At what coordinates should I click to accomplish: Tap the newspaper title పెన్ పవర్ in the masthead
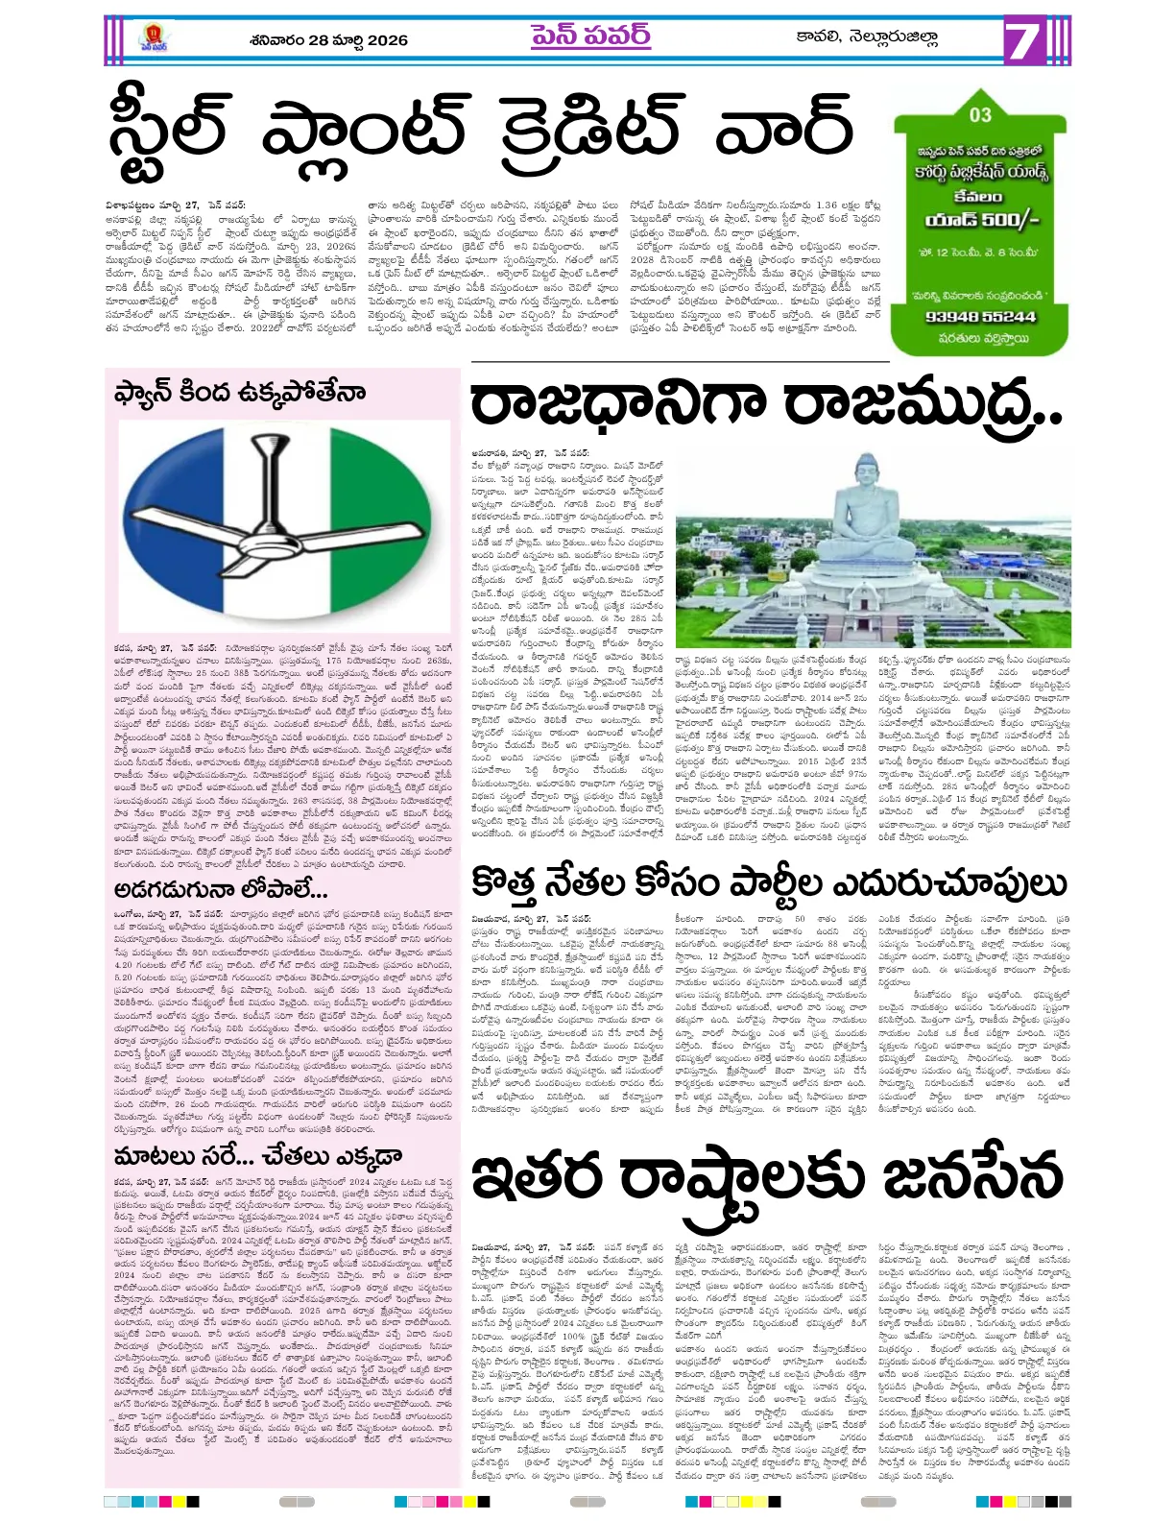(589, 36)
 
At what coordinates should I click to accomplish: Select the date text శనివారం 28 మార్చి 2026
(327, 40)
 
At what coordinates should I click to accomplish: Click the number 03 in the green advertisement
(980, 114)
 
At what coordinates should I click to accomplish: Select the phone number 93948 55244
(980, 316)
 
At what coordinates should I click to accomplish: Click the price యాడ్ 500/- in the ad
(981, 220)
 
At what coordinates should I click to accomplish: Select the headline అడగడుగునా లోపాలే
(221, 889)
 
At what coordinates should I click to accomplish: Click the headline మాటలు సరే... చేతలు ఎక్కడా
(257, 1155)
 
